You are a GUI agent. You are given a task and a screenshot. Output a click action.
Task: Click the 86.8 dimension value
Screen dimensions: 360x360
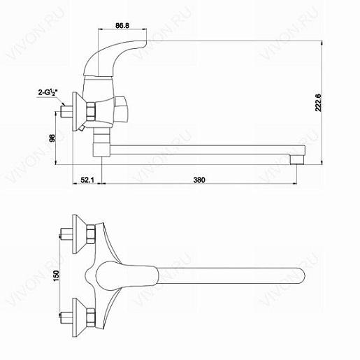[x=122, y=25]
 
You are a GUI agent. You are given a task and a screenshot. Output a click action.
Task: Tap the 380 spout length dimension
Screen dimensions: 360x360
[x=199, y=180]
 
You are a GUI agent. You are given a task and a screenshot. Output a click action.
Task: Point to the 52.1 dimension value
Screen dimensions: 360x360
[x=87, y=180]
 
